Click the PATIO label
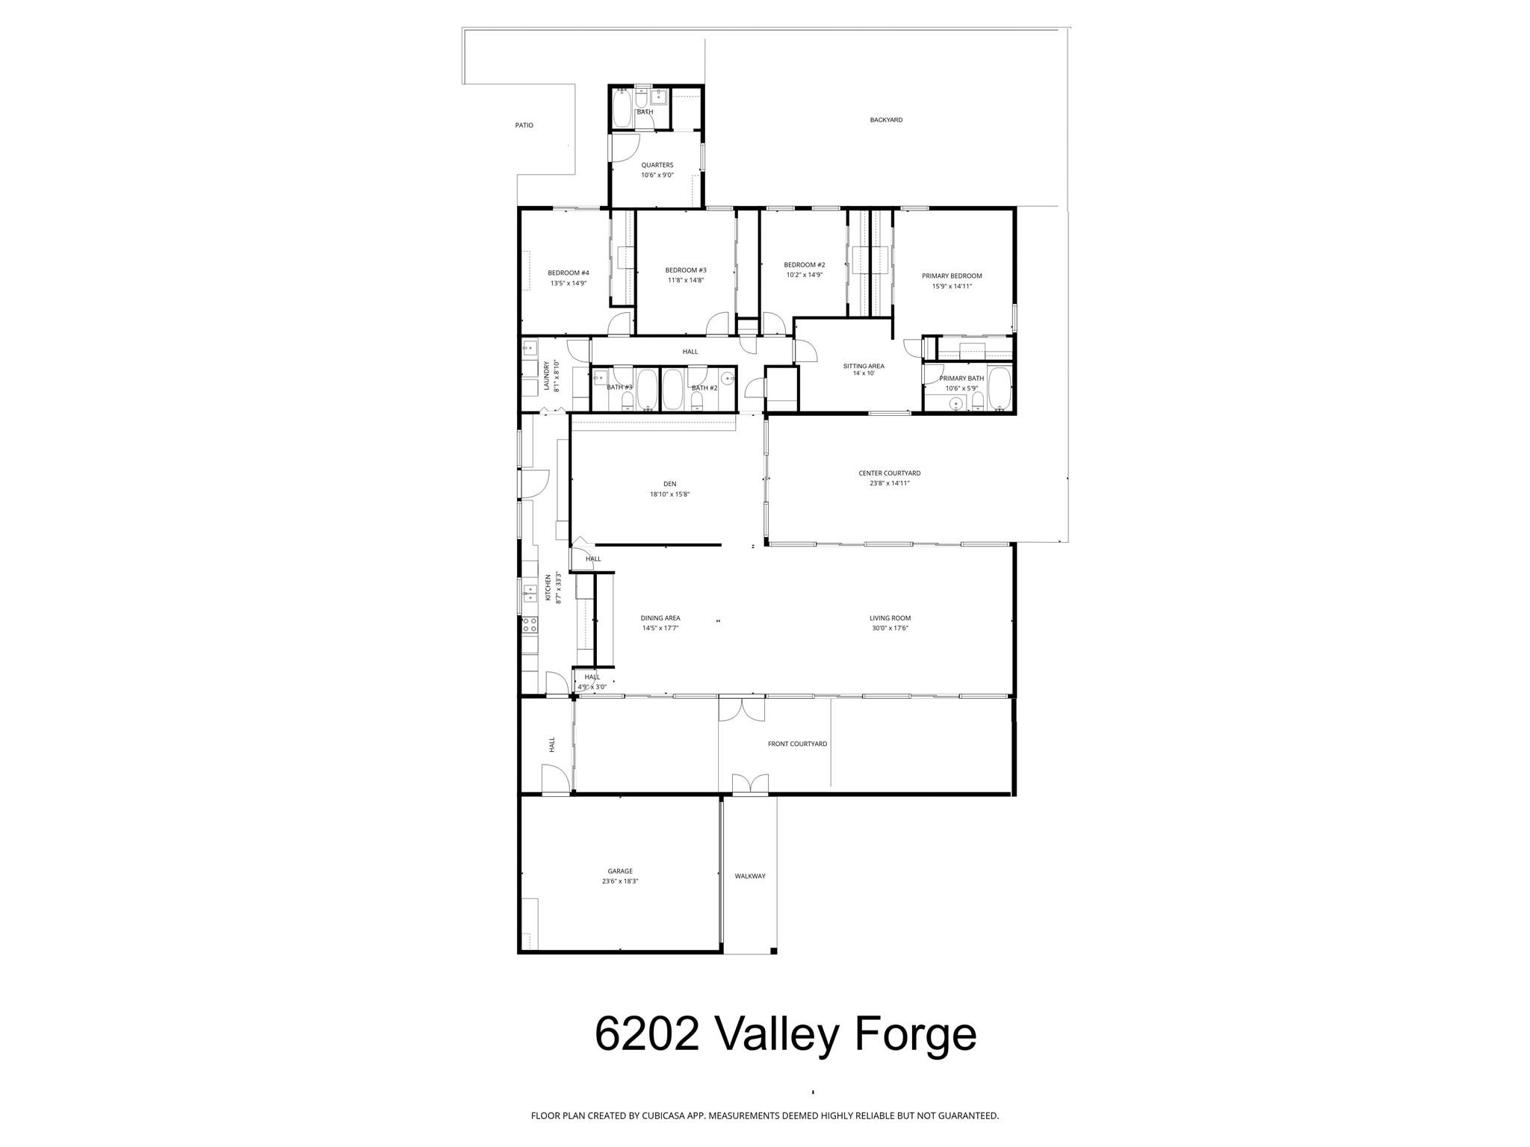pos(524,125)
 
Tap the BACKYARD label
pos(886,119)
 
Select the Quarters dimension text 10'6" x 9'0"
pos(657,175)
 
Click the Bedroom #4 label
pos(568,273)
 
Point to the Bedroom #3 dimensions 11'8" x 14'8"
pos(686,281)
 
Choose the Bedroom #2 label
pos(804,264)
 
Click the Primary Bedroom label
pos(951,276)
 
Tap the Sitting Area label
pos(864,366)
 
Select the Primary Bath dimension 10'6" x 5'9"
pos(961,388)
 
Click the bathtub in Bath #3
pos(647,389)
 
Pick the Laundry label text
pos(547,376)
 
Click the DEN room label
pos(669,484)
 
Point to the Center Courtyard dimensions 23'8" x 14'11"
pos(889,483)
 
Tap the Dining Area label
pos(660,618)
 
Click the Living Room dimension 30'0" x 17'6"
pos(890,628)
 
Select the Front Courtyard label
pos(797,744)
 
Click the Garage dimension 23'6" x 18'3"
pos(620,881)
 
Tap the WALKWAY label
pos(749,876)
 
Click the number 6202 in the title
pos(646,1034)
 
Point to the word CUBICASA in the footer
pos(665,1116)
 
